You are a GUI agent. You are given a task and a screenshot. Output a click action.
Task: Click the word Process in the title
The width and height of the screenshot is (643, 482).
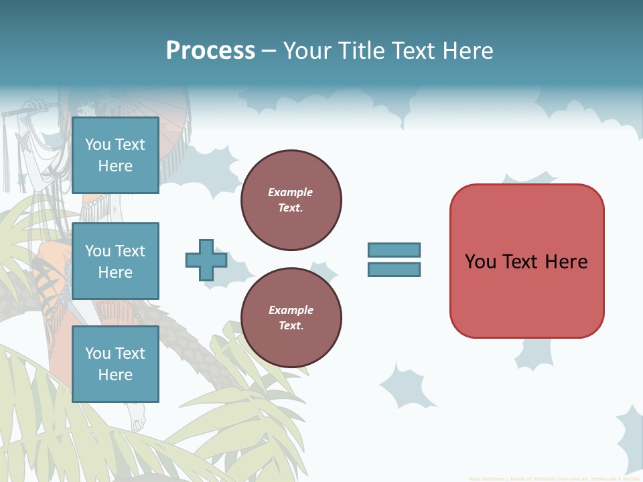[210, 51]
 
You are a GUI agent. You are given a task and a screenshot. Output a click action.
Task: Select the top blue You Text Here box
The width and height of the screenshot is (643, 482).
[115, 155]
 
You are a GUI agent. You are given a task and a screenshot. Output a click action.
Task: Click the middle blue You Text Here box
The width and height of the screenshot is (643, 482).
[115, 261]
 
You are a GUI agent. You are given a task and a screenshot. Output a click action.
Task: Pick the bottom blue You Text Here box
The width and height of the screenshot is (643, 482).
[115, 364]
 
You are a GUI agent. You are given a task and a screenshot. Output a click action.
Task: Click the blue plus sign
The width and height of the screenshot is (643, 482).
[206, 260]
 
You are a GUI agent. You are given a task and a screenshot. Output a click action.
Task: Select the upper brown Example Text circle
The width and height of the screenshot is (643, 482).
[291, 200]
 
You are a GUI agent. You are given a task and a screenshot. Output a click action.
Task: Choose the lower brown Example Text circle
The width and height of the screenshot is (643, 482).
[291, 318]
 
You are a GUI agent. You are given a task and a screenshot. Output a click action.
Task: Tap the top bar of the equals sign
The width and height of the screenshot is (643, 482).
[394, 250]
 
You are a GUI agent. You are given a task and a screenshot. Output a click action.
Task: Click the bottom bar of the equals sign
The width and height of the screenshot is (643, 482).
[394, 269]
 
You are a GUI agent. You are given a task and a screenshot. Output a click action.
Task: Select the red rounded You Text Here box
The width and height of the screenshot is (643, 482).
[526, 261]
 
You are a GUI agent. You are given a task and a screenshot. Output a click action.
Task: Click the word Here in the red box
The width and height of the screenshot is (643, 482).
[567, 262]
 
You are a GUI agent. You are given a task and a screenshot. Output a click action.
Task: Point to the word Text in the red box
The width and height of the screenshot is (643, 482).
[520, 262]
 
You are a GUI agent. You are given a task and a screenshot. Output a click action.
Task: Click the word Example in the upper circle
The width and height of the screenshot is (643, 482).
[291, 192]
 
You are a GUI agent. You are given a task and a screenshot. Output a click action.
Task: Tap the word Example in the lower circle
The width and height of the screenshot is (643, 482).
[291, 310]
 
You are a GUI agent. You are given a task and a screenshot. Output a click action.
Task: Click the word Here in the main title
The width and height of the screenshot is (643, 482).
[468, 51]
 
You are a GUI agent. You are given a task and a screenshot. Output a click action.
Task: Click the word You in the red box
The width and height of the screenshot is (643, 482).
[480, 262]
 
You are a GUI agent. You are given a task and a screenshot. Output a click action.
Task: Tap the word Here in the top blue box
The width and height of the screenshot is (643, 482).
[115, 166]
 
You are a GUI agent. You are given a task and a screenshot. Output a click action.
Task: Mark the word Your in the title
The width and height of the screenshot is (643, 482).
[309, 51]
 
